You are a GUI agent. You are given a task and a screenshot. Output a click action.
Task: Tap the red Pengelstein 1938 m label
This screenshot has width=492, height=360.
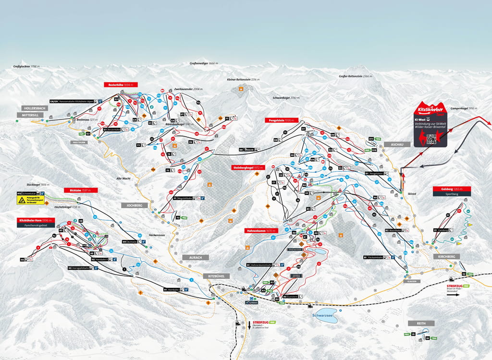coord(281,120)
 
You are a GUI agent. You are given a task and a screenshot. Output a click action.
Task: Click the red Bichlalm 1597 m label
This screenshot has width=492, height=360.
coord(80,190)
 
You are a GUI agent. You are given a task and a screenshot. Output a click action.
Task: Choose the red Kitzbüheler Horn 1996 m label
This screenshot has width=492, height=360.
coord(35,220)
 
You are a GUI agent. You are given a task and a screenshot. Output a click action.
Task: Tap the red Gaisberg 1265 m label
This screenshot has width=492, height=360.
coord(447,189)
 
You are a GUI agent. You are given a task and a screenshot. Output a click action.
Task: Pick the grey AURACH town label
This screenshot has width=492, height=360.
coord(196,257)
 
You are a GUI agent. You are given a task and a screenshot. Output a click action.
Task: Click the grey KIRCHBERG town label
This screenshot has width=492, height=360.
coord(446,257)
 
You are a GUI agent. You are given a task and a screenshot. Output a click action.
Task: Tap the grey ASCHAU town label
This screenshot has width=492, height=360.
coord(397,144)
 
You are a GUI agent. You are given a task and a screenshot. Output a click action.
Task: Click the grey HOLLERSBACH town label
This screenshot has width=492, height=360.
coord(34,108)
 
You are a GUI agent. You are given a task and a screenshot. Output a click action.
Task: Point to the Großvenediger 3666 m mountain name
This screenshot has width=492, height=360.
coord(204,63)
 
